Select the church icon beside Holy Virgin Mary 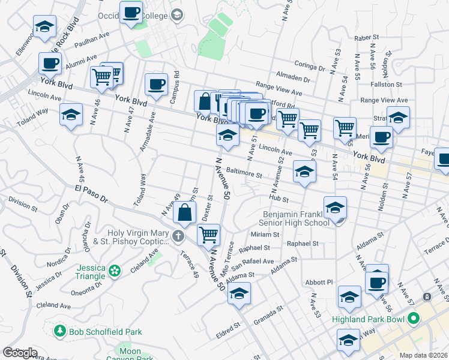pyautogui.click(x=178, y=237)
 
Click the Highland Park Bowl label pyautogui.click(x=371, y=319)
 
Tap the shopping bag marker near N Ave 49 pyautogui.click(x=185, y=212)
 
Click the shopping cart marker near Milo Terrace pyautogui.click(x=208, y=235)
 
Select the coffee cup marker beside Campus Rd pyautogui.click(x=156, y=84)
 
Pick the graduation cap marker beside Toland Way pyautogui.click(x=71, y=114)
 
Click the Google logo pyautogui.click(x=20, y=352)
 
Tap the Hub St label pyautogui.click(x=279, y=198)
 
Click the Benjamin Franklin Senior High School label pyautogui.click(x=297, y=218)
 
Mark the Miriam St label pyautogui.click(x=265, y=234)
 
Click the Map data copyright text pyautogui.click(x=423, y=355)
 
